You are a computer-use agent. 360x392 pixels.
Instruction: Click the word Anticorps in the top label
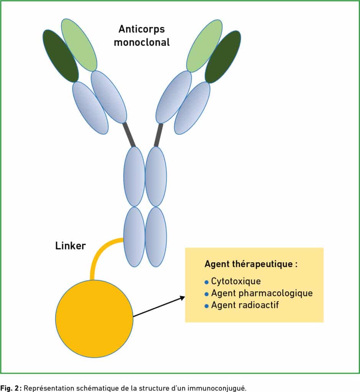(142, 29)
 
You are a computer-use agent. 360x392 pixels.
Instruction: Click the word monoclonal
(142, 42)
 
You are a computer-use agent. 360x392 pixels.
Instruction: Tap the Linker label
(70, 246)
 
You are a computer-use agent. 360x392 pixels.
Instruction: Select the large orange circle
(94, 318)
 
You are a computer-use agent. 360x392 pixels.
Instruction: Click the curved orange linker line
(98, 250)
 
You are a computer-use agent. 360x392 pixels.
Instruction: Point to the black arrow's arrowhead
(182, 298)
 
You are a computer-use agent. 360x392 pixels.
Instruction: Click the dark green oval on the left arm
(61, 56)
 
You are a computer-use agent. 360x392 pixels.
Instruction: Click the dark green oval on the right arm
(223, 57)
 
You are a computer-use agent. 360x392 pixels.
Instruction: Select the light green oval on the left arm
(79, 45)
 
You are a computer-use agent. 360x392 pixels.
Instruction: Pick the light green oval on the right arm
(205, 46)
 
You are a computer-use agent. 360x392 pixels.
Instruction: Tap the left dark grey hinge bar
(129, 135)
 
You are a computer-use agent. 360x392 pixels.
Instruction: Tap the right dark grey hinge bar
(159, 135)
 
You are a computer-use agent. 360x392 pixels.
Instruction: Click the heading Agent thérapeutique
(251, 264)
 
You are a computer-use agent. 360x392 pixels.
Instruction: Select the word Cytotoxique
(236, 281)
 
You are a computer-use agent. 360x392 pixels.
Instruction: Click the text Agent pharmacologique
(262, 293)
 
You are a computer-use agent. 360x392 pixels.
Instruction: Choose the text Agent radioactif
(245, 305)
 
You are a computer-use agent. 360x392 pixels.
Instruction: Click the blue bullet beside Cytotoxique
(206, 282)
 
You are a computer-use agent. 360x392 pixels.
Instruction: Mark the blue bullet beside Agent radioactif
(206, 306)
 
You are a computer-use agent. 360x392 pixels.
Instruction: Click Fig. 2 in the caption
(11, 388)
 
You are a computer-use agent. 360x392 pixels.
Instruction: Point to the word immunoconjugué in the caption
(217, 388)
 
